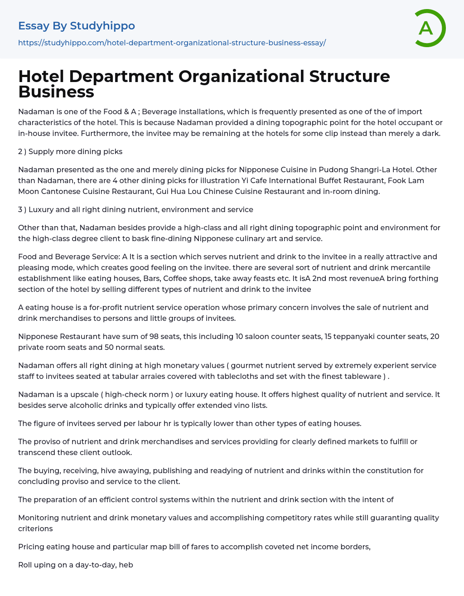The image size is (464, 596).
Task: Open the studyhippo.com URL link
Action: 172,43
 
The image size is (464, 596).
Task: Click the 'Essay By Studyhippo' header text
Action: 77,26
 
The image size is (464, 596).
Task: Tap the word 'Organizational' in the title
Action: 242,76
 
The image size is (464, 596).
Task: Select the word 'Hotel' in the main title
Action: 41,76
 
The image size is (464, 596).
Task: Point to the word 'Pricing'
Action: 31,547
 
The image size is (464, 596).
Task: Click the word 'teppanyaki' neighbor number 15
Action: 329,336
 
